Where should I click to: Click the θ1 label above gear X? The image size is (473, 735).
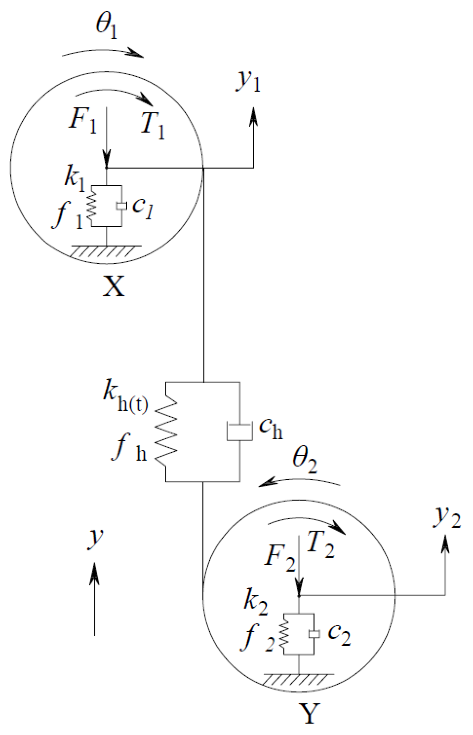[106, 28]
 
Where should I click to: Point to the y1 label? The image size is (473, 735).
[248, 81]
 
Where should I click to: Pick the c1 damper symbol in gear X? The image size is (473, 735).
[121, 206]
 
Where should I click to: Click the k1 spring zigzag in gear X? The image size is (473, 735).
[92, 206]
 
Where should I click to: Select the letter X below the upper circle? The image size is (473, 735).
[114, 286]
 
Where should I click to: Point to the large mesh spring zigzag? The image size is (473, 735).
[166, 432]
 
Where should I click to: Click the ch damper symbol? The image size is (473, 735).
[239, 432]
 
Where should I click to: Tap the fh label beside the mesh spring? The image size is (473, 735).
[129, 448]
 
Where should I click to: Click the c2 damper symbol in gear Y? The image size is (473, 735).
[314, 634]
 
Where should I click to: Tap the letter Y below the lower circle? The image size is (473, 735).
[309, 713]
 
